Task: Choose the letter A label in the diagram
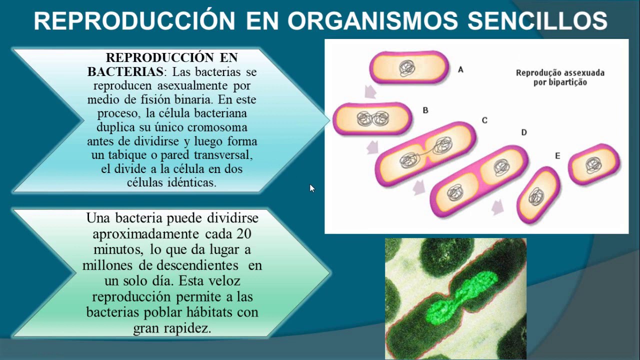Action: pos(460,70)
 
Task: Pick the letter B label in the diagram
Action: pos(425,110)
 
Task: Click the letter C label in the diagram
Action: pos(484,120)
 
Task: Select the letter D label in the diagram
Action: pos(524,132)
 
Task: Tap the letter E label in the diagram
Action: pos(557,156)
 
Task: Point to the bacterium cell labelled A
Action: pos(409,67)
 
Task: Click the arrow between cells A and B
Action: pos(370,91)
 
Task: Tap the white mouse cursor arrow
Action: pos(312,188)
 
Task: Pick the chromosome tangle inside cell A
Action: pos(407,68)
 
